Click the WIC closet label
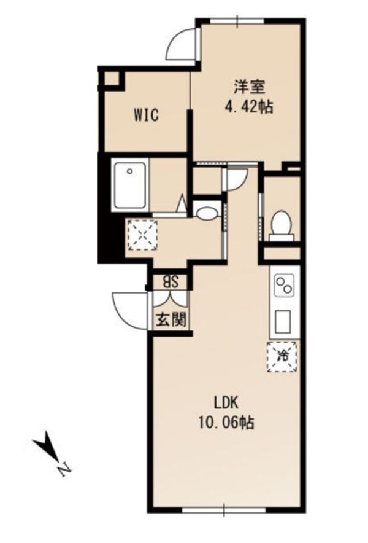pyautogui.click(x=147, y=115)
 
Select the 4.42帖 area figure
pyautogui.click(x=249, y=107)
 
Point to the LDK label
pyautogui.click(x=226, y=403)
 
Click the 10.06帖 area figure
pyautogui.click(x=226, y=423)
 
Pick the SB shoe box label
pyautogui.click(x=171, y=282)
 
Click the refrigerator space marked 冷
pyautogui.click(x=282, y=357)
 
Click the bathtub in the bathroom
pyautogui.click(x=129, y=186)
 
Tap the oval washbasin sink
pyautogui.click(x=207, y=213)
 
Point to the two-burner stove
pyautogui.click(x=284, y=284)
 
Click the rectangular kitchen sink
pyautogui.click(x=283, y=321)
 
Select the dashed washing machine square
pyautogui.click(x=142, y=235)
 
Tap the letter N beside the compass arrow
pyautogui.click(x=64, y=469)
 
